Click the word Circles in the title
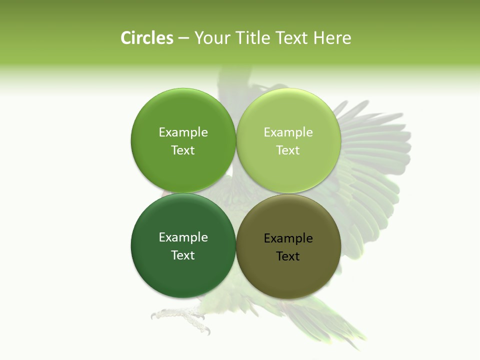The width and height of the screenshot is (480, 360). [147, 38]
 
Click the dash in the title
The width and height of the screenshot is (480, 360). [183, 38]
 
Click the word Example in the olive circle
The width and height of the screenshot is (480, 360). [288, 238]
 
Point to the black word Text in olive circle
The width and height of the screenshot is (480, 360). [288, 256]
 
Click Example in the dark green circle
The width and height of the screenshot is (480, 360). [183, 237]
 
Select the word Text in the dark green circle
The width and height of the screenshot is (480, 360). [183, 255]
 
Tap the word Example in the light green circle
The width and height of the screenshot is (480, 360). [288, 132]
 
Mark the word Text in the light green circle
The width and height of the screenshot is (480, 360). [288, 150]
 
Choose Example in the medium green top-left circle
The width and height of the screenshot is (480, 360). [183, 132]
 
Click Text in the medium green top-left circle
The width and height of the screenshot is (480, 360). [183, 150]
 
